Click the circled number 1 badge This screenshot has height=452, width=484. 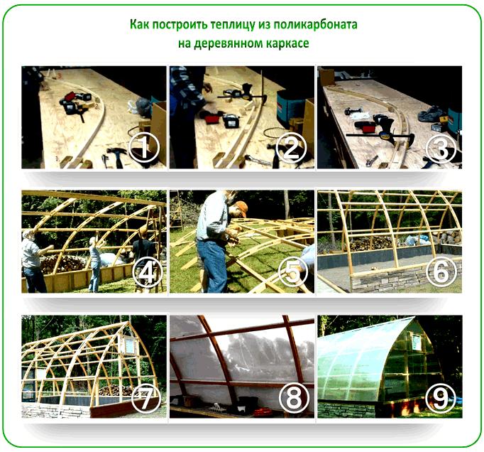click(144, 148)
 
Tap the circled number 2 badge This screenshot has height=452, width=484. click(291, 148)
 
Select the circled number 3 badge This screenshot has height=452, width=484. click(441, 149)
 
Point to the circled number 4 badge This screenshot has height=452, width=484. click(147, 272)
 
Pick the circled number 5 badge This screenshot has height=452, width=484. click(293, 272)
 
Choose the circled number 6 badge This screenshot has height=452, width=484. click(441, 272)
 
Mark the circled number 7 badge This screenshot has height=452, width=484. click(145, 398)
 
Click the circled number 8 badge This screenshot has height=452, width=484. click(295, 398)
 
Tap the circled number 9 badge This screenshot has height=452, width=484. click(441, 398)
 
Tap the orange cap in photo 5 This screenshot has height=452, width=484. click(241, 208)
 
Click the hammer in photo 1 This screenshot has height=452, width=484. click(116, 156)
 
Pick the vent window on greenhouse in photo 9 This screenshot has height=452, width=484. click(417, 342)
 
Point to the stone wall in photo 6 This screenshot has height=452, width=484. click(405, 279)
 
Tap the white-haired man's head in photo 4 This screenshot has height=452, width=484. click(28, 235)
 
